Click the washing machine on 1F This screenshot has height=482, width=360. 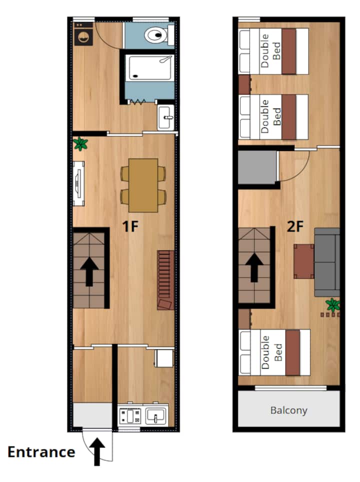(x=83, y=34)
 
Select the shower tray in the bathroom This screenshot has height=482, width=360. (x=149, y=68)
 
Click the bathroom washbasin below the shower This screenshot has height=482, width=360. (x=165, y=117)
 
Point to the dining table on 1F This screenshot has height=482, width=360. (x=143, y=185)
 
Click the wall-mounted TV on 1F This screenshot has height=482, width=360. (x=78, y=183)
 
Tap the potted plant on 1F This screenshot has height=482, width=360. (x=80, y=143)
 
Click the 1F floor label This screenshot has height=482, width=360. (x=130, y=226)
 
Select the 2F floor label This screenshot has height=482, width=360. (x=295, y=226)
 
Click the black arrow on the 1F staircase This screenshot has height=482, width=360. (x=89, y=271)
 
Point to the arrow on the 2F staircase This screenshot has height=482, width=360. (x=254, y=267)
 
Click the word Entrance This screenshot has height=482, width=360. (x=41, y=452)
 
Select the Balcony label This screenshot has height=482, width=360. (x=288, y=410)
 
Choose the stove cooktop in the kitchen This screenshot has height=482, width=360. (x=130, y=415)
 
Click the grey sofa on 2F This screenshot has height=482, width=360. (x=327, y=262)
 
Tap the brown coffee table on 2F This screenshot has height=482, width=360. (x=303, y=261)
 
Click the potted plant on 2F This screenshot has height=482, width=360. (x=332, y=305)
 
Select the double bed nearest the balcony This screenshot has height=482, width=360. (x=274, y=352)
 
